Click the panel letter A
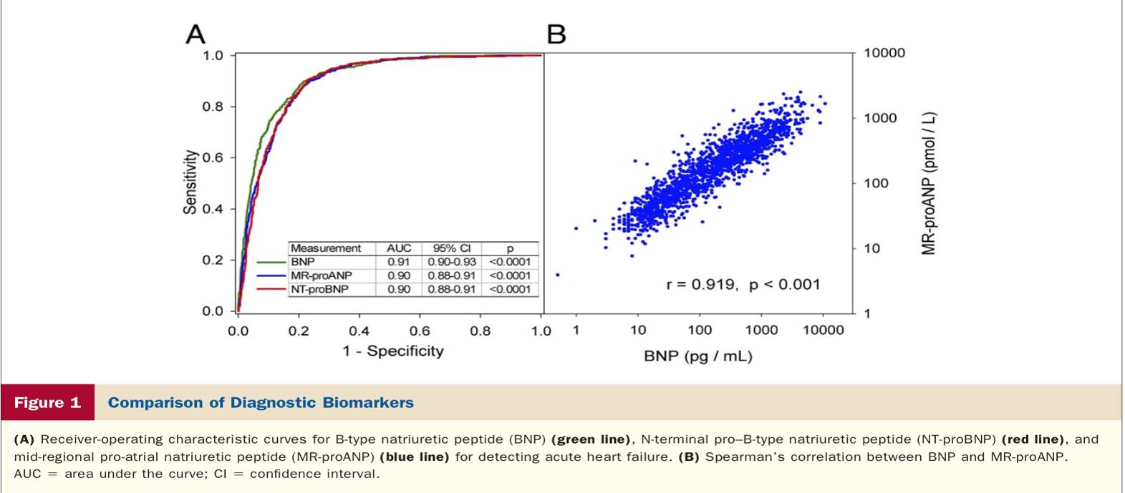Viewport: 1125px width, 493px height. click(195, 34)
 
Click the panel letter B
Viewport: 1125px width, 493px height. click(556, 34)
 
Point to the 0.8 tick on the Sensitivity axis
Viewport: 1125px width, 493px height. click(213, 107)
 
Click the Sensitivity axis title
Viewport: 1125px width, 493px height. click(190, 182)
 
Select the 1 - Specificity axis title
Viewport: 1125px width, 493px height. click(393, 351)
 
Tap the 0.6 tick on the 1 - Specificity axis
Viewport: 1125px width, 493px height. click(420, 331)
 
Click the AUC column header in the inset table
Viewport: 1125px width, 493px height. click(399, 248)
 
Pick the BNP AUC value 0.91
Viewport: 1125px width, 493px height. click(399, 262)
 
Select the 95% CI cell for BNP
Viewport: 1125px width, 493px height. click(452, 262)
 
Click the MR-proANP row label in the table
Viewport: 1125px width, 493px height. click(321, 275)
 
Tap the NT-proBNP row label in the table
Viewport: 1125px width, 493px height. click(319, 289)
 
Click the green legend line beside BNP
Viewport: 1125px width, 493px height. click(271, 262)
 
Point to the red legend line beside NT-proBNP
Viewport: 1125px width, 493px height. click(271, 289)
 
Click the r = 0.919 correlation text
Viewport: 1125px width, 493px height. click(701, 285)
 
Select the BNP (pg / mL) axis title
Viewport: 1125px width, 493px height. click(697, 356)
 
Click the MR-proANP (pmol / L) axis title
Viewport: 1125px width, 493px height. click(929, 183)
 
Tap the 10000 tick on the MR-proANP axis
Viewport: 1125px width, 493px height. click(884, 53)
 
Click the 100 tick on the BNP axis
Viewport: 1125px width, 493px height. click(700, 330)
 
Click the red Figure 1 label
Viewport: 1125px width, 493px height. click(47, 402)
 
